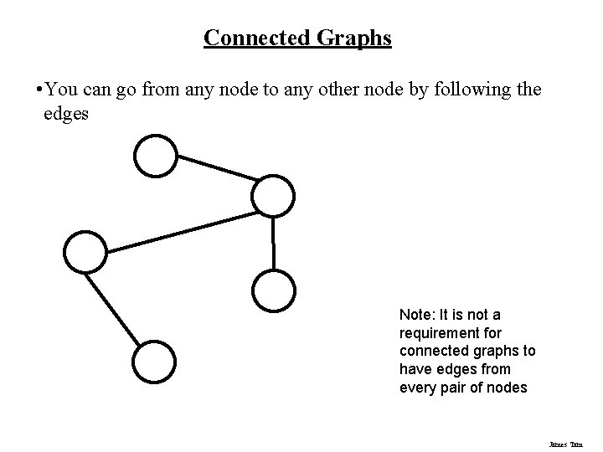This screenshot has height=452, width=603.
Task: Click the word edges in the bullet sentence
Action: [65, 113]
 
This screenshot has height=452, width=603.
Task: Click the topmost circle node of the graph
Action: [157, 157]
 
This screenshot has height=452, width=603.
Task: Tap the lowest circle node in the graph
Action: [155, 362]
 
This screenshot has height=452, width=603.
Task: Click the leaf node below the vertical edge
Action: [274, 290]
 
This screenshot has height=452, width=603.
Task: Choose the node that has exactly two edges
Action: [86, 251]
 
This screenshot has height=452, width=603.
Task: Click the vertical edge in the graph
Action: [274, 244]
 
